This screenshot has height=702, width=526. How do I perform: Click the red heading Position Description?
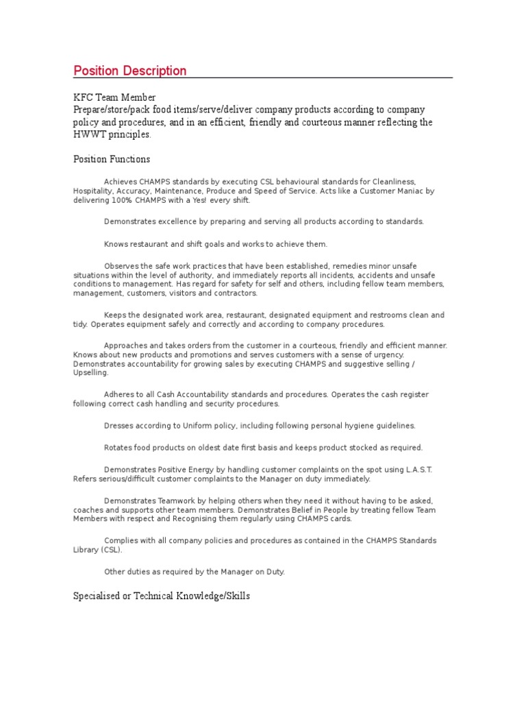click(x=129, y=71)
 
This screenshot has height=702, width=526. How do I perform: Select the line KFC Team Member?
click(x=114, y=98)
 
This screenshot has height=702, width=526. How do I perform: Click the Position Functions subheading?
click(x=112, y=159)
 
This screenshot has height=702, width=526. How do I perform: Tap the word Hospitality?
click(x=93, y=191)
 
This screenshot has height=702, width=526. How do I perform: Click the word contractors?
click(x=235, y=293)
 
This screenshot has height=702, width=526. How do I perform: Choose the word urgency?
click(x=388, y=355)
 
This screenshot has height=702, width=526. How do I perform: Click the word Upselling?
click(x=90, y=373)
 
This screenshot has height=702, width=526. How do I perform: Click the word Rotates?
click(x=119, y=448)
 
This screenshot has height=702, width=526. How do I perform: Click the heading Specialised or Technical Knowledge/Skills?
click(x=162, y=596)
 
